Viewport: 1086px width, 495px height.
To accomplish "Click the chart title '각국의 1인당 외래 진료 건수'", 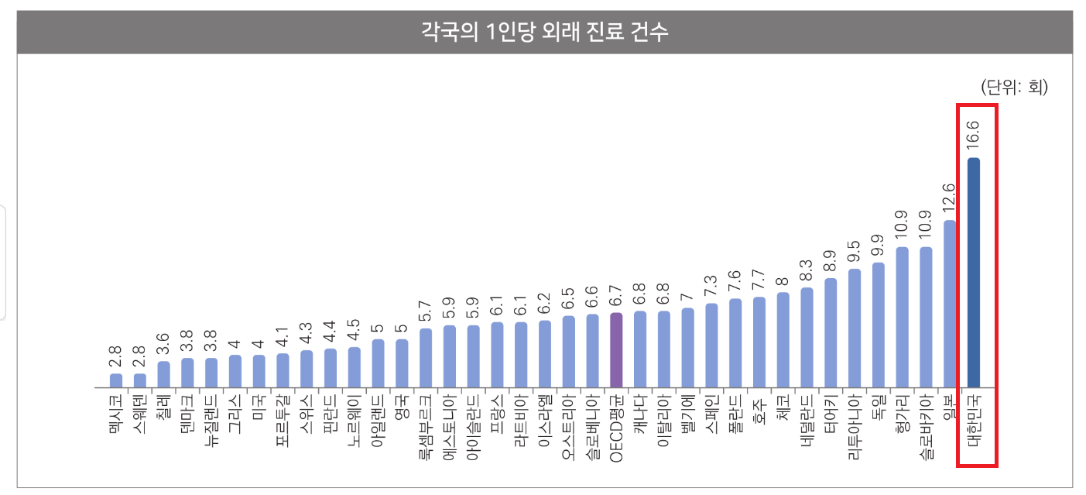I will point(544,33).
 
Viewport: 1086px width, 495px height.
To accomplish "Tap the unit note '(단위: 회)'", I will point(1014,87).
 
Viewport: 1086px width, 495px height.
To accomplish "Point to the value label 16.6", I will point(974,135).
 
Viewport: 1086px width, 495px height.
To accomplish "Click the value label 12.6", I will point(950,198).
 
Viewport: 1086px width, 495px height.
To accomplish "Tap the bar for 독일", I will point(878,325).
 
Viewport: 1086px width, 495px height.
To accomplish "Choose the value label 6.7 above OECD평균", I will point(616,297).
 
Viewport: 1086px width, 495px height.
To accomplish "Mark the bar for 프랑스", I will point(497,355).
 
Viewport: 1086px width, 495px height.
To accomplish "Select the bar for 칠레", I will point(163,374).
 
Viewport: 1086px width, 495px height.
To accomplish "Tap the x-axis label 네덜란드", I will point(807,418).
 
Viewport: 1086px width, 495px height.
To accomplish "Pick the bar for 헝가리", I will point(902,317).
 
